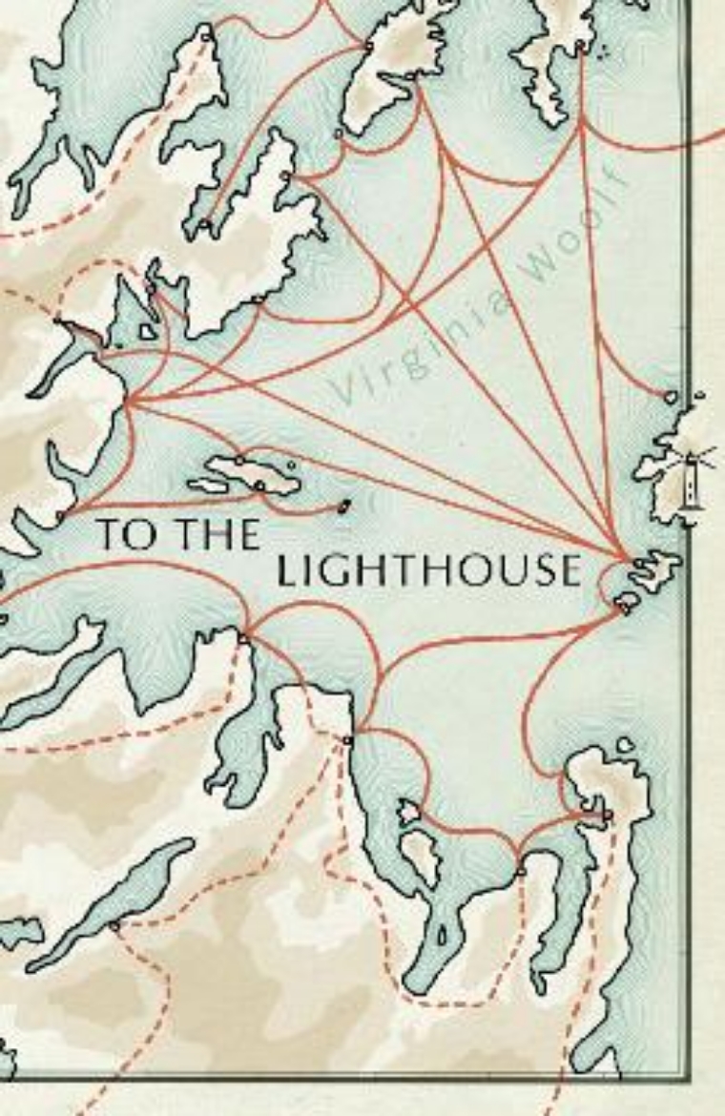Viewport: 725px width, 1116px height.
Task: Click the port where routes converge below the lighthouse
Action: click(627, 558)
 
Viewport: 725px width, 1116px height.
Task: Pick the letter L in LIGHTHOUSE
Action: click(285, 570)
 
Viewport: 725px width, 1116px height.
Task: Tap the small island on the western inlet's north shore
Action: click(147, 331)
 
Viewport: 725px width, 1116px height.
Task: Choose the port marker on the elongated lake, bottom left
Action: click(114, 924)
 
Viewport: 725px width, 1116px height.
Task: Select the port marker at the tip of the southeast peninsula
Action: click(607, 815)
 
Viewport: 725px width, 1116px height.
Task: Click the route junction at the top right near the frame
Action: click(581, 120)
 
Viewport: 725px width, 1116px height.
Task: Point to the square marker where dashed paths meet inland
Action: click(347, 739)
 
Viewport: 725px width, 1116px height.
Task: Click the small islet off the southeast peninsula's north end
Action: click(625, 745)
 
